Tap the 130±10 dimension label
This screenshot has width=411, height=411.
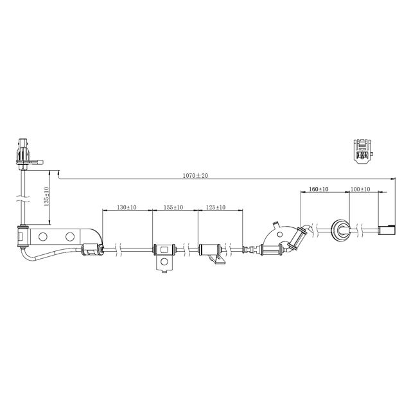[127, 207]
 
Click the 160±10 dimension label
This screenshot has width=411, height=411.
[319, 189]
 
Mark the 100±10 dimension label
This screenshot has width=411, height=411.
[360, 189]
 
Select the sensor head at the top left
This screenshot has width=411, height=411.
[23, 153]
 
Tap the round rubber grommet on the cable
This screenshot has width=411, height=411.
[338, 229]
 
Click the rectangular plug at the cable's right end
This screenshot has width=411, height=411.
[388, 230]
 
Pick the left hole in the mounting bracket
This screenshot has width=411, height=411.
[43, 237]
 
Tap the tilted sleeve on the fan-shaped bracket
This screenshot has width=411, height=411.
[296, 238]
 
